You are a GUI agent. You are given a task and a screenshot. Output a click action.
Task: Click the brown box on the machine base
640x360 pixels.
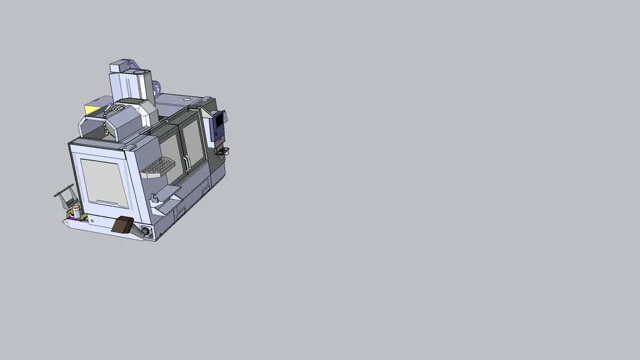click(122, 225)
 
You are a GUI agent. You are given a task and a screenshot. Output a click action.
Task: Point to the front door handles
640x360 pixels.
click(187, 161)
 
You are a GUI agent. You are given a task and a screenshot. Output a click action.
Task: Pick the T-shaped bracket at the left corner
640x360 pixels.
click(65, 192)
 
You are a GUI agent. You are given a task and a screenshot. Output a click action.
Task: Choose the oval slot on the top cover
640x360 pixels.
click(186, 100)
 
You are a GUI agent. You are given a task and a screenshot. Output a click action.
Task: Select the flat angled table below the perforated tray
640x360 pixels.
click(167, 191)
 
